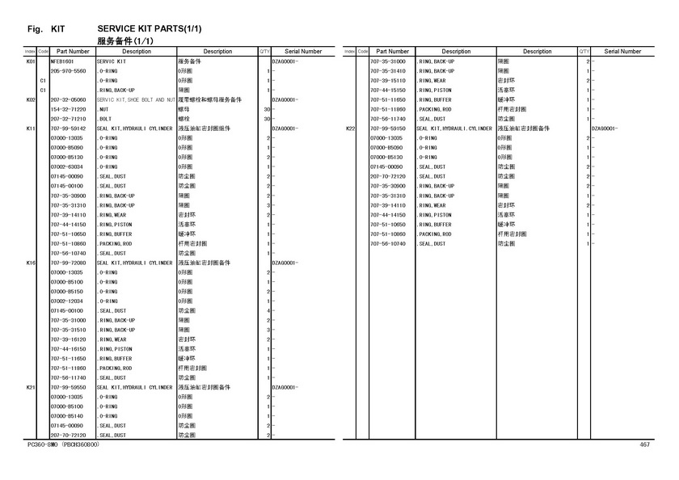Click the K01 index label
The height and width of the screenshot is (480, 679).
coord(30,61)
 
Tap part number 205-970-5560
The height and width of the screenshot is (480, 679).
coord(67,71)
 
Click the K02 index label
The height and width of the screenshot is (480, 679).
coord(30,99)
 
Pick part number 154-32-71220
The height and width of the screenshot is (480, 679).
coord(67,109)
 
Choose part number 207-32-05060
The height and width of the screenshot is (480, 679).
coord(67,99)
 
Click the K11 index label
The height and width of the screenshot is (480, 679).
coord(30,128)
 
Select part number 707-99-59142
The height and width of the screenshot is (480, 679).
coord(67,128)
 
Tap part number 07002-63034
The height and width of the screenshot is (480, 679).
coord(67,166)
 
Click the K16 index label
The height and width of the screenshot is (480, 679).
coord(30,263)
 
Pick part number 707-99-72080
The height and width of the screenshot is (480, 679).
coord(67,263)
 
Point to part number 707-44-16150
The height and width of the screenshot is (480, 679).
coord(67,349)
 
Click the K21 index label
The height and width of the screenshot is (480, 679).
coord(30,387)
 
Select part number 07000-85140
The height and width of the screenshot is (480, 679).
coord(67,416)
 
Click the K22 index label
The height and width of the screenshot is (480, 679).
coord(351,128)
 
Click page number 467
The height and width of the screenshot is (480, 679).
coord(645,445)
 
